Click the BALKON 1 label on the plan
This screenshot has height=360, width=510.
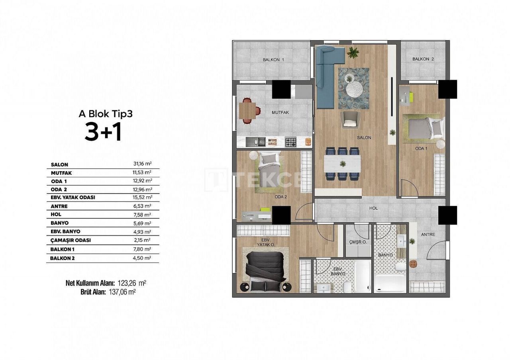coord(273,60)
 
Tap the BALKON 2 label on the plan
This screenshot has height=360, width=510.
coord(423,59)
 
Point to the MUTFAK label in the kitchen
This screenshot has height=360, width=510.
coord(280,112)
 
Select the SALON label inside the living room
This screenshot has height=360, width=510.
coord(364,138)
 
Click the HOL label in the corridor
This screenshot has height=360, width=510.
coord(373,208)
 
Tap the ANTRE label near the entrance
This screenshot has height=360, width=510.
coord(428,235)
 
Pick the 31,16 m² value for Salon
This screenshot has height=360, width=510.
coord(143,164)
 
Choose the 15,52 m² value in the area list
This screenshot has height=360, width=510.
coord(143,197)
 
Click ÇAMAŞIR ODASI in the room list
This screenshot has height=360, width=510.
coord(71,240)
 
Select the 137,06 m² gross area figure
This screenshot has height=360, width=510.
coord(122,292)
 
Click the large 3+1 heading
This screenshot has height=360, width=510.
coord(103,132)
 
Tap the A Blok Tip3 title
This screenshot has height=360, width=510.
coord(106,114)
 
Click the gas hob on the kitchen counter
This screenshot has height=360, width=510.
coord(291,142)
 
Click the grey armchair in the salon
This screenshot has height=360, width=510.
coord(350,119)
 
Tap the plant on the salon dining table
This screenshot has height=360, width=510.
coord(342,164)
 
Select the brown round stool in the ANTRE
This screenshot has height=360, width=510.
coord(413,264)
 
